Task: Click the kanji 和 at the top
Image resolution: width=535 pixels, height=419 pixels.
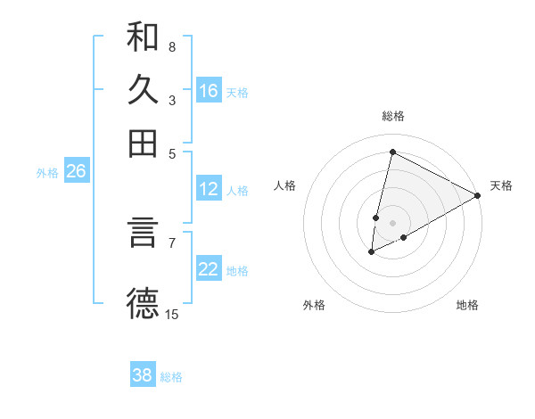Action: (143, 37)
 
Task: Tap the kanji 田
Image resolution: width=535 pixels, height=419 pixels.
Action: (143, 143)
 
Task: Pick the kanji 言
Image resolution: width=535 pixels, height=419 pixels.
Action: (143, 234)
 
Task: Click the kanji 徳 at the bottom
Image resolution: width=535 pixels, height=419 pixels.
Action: (143, 303)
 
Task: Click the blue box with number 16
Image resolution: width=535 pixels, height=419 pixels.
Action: (209, 91)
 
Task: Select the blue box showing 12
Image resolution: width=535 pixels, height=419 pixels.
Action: (209, 189)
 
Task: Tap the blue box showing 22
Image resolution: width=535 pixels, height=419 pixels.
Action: (209, 270)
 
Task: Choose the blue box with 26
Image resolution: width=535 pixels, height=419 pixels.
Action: (76, 172)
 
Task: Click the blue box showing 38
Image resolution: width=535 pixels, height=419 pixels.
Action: (143, 375)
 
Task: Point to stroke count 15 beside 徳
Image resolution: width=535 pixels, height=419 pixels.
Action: (172, 314)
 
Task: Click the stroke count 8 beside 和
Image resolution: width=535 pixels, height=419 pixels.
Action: (172, 46)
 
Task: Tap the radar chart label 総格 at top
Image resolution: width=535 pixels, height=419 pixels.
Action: (392, 116)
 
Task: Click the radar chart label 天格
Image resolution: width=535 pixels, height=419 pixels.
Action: (501, 185)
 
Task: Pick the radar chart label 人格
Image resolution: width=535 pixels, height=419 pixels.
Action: (284, 185)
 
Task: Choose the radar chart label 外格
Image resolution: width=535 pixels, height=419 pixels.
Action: (314, 305)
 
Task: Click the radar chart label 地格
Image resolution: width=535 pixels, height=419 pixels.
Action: (467, 305)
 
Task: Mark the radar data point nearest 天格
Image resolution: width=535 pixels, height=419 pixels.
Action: (479, 196)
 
